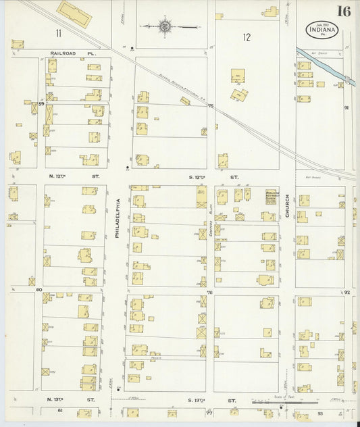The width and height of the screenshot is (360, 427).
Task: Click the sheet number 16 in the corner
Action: (344, 11)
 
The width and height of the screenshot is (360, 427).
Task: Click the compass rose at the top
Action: (164, 27)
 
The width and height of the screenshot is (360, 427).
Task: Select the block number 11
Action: (59, 32)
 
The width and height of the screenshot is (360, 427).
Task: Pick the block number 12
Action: (247, 38)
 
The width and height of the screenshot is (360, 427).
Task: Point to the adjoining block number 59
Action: (41, 103)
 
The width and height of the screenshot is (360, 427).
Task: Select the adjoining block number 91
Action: (347, 108)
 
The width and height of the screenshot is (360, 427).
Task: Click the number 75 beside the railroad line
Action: (210, 106)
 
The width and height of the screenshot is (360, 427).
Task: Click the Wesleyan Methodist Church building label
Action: (271, 196)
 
